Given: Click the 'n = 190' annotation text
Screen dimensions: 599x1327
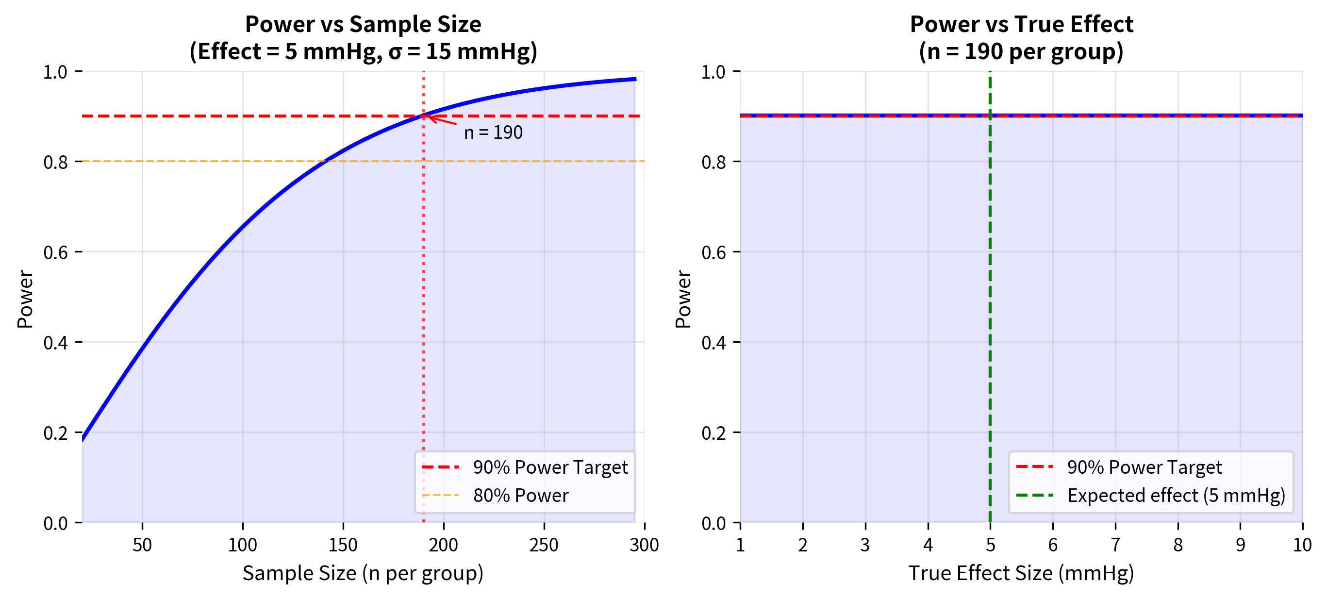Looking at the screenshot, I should (493, 133).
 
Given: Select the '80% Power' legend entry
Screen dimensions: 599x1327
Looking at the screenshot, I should (520, 496).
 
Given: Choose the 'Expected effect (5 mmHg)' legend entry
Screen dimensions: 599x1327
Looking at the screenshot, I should (1176, 496).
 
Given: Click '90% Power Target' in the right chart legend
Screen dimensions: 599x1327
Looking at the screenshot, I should (1144, 467).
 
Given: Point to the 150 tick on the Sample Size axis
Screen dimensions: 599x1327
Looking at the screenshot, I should (343, 545).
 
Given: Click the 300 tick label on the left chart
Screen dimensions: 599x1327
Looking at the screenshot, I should (644, 545).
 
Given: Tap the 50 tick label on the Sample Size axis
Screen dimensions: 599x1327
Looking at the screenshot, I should (142, 545).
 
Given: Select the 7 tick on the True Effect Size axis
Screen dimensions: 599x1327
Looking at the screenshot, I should (1115, 545).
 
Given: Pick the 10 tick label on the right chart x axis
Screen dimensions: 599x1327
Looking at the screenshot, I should (1302, 545).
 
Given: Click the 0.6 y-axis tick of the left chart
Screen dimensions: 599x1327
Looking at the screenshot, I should (56, 252).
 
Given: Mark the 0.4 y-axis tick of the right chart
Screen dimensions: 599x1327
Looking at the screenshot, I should (713, 343).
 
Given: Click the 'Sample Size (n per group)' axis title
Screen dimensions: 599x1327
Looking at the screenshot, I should (363, 573).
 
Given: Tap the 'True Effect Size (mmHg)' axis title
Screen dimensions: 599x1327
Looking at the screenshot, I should (1021, 573).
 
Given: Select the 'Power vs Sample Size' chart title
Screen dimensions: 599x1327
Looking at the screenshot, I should (363, 24).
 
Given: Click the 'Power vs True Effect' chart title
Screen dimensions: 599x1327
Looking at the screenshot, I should (1021, 24).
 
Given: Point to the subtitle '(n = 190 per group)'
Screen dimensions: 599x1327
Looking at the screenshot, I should (1021, 51).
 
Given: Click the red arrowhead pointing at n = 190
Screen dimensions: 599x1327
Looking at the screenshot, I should (431, 118).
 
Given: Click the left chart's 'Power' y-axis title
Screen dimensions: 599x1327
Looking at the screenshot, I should (25, 299).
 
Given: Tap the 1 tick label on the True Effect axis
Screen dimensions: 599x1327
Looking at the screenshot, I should (740, 545).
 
